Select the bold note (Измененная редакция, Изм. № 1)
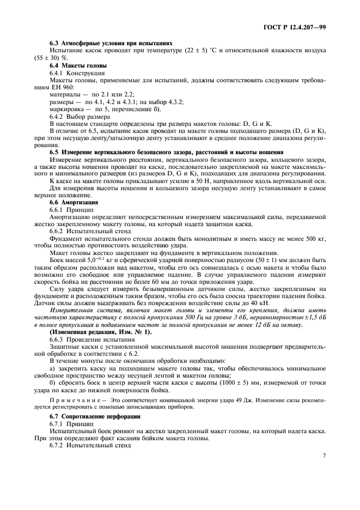point(101,332)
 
